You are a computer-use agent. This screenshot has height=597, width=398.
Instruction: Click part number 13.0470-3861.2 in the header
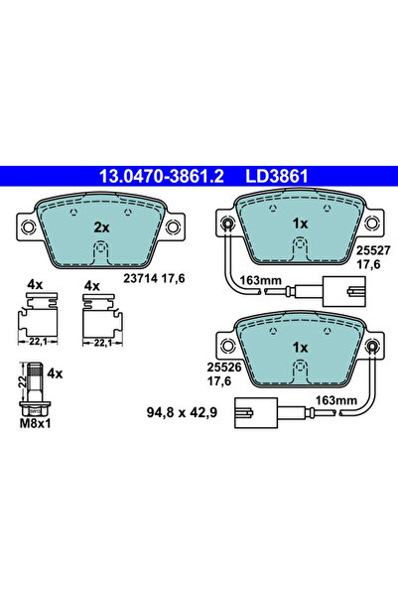(x=161, y=177)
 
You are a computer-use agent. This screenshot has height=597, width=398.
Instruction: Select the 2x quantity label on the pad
(x=100, y=226)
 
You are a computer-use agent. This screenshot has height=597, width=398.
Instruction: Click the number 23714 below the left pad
(x=140, y=278)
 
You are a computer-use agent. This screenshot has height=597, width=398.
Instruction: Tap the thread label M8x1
(x=35, y=422)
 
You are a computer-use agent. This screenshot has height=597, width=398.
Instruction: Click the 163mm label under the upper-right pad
(x=260, y=281)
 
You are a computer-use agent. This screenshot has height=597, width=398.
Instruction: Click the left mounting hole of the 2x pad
(x=29, y=229)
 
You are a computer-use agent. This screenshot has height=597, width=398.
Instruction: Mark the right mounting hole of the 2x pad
(x=174, y=229)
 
